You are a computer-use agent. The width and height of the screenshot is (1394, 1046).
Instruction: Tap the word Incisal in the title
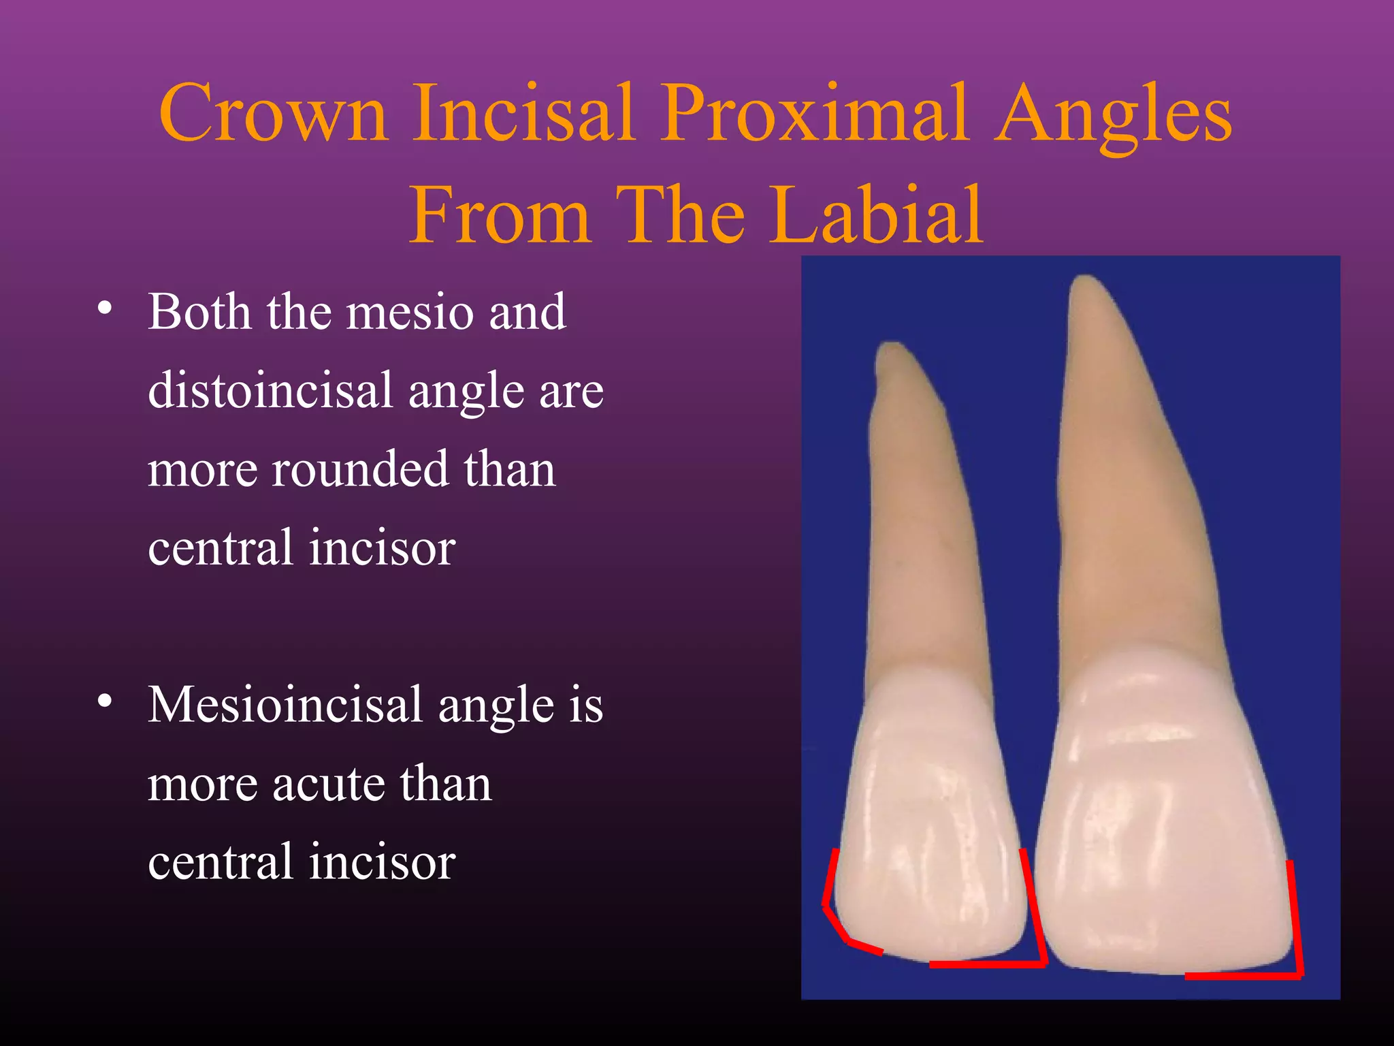click(524, 113)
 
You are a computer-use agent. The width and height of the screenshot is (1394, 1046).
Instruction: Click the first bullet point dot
click(104, 308)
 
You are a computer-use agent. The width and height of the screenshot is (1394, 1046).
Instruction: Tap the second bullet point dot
click(104, 701)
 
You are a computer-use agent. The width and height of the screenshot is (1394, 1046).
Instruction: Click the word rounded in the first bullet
click(360, 469)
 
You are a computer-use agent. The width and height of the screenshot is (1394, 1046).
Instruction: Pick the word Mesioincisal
click(286, 705)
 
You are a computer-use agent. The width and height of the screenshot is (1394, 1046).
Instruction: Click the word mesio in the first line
click(409, 312)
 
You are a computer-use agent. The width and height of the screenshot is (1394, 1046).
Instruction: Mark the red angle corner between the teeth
click(1043, 962)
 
